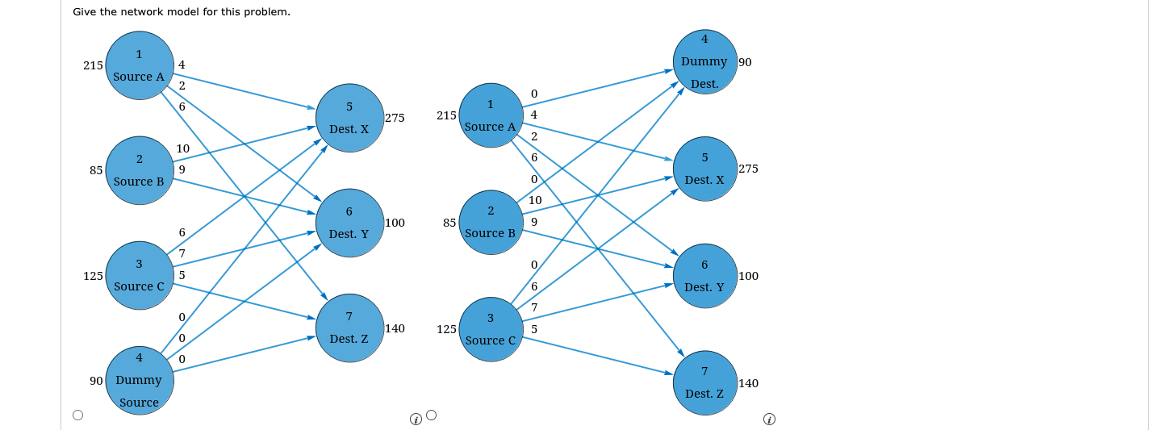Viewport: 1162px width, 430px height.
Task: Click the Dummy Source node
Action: click(x=140, y=380)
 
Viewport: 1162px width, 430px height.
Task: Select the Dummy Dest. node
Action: click(x=705, y=62)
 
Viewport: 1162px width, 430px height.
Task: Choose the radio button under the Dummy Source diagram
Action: click(x=77, y=415)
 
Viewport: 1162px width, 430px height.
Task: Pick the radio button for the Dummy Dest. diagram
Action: click(x=431, y=415)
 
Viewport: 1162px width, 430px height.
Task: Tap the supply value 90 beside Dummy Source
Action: click(x=96, y=381)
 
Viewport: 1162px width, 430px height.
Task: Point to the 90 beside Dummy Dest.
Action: click(x=745, y=62)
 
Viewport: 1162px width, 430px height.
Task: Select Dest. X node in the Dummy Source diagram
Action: click(x=349, y=118)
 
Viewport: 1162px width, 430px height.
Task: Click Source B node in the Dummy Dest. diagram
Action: click(x=491, y=222)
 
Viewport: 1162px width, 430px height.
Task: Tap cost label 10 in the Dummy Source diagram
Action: click(x=182, y=148)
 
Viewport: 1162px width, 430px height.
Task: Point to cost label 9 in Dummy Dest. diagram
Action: click(x=534, y=222)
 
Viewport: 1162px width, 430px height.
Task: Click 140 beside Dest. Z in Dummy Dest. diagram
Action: click(x=749, y=383)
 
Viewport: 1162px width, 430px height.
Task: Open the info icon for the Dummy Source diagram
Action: click(x=416, y=419)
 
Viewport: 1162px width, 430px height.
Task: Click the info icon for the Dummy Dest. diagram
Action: click(x=769, y=419)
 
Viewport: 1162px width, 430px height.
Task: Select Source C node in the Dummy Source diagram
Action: click(x=140, y=275)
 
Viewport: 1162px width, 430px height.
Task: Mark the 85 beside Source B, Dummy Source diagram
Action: click(x=96, y=170)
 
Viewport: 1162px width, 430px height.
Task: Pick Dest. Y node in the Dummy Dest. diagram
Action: click(x=705, y=276)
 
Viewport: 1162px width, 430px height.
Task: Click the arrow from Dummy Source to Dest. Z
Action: click(x=245, y=354)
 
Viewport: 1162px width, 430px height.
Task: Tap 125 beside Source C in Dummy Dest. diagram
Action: click(x=447, y=329)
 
